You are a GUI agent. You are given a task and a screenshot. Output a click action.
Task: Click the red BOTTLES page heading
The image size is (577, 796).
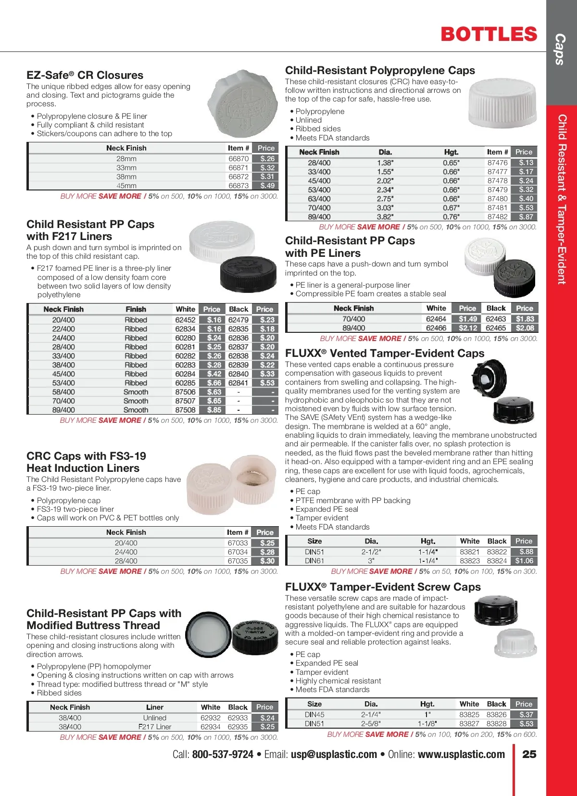(x=489, y=35)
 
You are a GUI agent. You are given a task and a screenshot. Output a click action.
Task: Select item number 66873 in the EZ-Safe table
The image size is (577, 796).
(x=238, y=186)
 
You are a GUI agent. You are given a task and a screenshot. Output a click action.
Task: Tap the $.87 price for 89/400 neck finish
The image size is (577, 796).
(x=526, y=217)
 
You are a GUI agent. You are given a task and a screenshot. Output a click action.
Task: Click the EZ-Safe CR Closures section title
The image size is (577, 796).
(x=85, y=75)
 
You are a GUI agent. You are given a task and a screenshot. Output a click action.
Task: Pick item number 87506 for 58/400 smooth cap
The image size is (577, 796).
(x=185, y=392)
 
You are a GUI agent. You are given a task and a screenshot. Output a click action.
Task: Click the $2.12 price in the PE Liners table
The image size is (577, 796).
(x=467, y=328)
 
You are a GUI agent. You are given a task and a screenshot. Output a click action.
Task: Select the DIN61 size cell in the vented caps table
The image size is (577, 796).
(x=314, y=561)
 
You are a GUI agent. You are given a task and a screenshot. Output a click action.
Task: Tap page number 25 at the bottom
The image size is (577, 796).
(x=529, y=754)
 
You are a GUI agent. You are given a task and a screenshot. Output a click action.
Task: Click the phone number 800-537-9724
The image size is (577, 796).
(x=222, y=754)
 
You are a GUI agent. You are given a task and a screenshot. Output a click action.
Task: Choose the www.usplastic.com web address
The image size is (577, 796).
(x=461, y=754)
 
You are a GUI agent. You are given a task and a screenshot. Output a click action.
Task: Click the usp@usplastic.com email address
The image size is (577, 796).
(x=334, y=754)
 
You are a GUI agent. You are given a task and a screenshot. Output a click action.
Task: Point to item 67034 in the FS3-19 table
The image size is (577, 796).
(x=238, y=552)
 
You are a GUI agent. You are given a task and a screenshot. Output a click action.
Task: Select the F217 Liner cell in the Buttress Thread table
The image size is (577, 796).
(x=155, y=727)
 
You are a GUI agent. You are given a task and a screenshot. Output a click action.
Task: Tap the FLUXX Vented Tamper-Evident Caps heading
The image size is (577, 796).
(x=385, y=354)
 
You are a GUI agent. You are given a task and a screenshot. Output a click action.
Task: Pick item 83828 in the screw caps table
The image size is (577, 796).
(x=496, y=724)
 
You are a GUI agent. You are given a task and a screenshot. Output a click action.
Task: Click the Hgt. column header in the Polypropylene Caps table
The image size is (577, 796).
(x=451, y=152)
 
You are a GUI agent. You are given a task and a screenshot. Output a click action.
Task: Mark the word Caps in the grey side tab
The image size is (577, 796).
(x=560, y=49)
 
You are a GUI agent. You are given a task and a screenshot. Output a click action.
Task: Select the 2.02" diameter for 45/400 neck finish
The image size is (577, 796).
(x=385, y=181)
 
